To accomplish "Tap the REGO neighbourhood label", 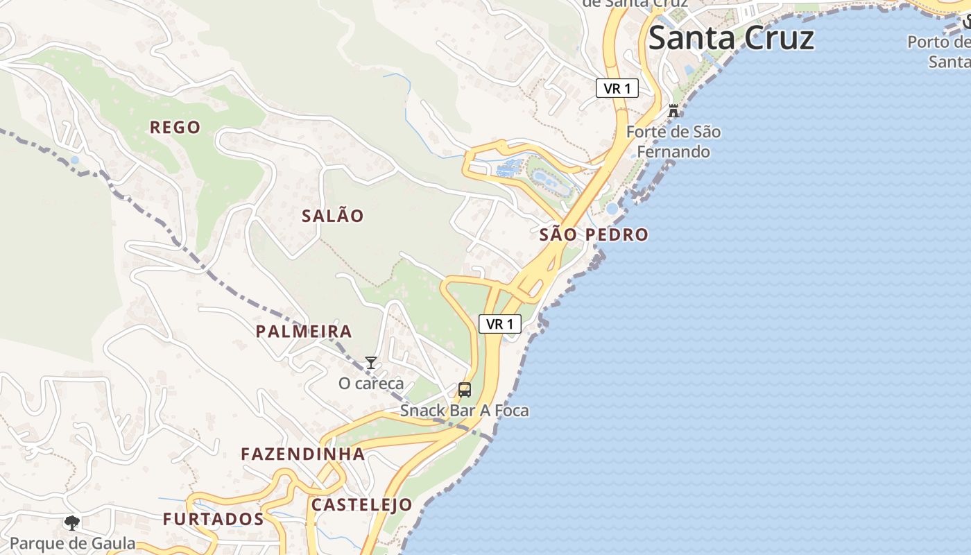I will [x=175, y=127].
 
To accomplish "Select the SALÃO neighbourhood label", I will [x=332, y=216].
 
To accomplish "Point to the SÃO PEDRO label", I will [x=594, y=234].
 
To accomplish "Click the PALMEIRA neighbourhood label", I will [x=304, y=331].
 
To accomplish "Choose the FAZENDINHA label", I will [x=302, y=454].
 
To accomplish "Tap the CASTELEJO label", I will [x=361, y=504].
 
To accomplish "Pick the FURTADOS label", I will [x=213, y=519].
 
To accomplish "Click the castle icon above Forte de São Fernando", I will [x=673, y=110].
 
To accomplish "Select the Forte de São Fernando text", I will [x=673, y=142].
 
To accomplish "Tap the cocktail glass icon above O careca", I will [x=371, y=363].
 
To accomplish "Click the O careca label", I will [x=370, y=383].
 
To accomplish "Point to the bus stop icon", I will [x=465, y=390].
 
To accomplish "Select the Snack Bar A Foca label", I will [x=464, y=411].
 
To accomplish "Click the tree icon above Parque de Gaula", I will [x=71, y=522].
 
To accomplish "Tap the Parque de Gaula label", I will [x=73, y=543].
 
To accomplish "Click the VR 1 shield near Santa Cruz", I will [x=617, y=88].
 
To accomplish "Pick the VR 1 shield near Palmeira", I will [x=499, y=323].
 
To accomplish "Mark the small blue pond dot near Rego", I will [x=75, y=160].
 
